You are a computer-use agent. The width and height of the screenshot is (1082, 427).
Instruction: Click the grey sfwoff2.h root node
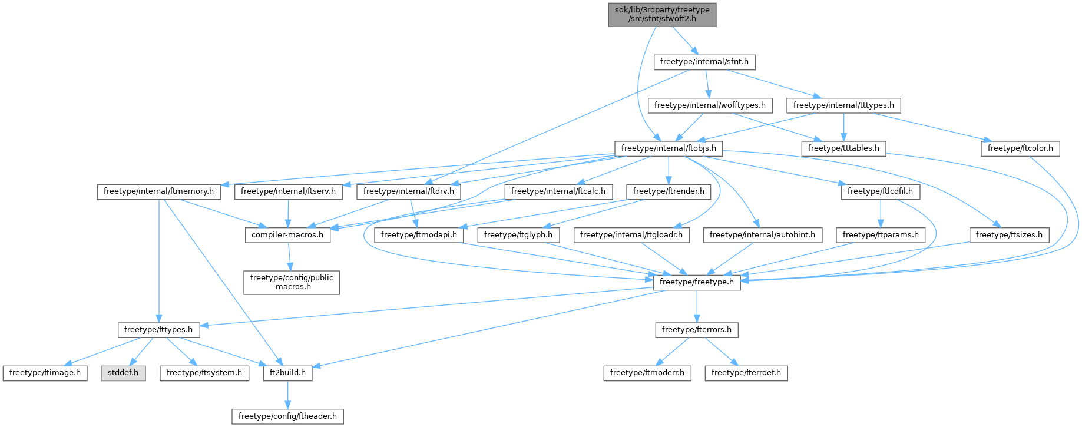click(662, 14)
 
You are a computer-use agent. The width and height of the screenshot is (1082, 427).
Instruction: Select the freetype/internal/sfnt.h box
click(704, 62)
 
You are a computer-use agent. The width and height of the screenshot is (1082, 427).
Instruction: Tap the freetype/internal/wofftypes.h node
click(709, 105)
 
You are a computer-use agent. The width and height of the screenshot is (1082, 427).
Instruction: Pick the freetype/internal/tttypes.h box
click(843, 105)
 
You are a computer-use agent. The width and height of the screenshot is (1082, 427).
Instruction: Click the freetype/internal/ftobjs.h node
click(669, 148)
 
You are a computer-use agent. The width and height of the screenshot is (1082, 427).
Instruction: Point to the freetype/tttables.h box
click(843, 148)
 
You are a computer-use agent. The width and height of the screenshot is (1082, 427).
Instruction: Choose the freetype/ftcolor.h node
click(1020, 148)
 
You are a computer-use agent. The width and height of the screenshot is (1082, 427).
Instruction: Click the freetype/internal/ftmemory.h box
click(158, 191)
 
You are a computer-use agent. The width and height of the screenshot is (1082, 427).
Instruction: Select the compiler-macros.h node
click(287, 235)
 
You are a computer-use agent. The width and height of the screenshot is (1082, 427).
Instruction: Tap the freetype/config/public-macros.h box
click(292, 282)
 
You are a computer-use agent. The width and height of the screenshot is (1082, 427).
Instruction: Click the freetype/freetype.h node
click(697, 282)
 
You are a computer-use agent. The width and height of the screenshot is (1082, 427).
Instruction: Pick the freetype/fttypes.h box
click(158, 330)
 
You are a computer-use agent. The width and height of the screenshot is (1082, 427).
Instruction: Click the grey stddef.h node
click(123, 373)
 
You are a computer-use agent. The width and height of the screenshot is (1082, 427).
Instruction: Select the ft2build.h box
click(287, 373)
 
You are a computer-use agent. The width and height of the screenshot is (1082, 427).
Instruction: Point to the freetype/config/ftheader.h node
click(287, 416)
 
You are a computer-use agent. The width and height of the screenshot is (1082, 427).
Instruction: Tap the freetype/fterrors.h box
click(697, 330)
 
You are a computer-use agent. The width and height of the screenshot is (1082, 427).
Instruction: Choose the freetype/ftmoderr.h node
click(647, 373)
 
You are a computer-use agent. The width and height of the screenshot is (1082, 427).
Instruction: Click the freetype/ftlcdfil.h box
click(880, 191)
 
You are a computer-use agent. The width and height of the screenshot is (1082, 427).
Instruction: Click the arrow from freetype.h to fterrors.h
click(697, 306)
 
